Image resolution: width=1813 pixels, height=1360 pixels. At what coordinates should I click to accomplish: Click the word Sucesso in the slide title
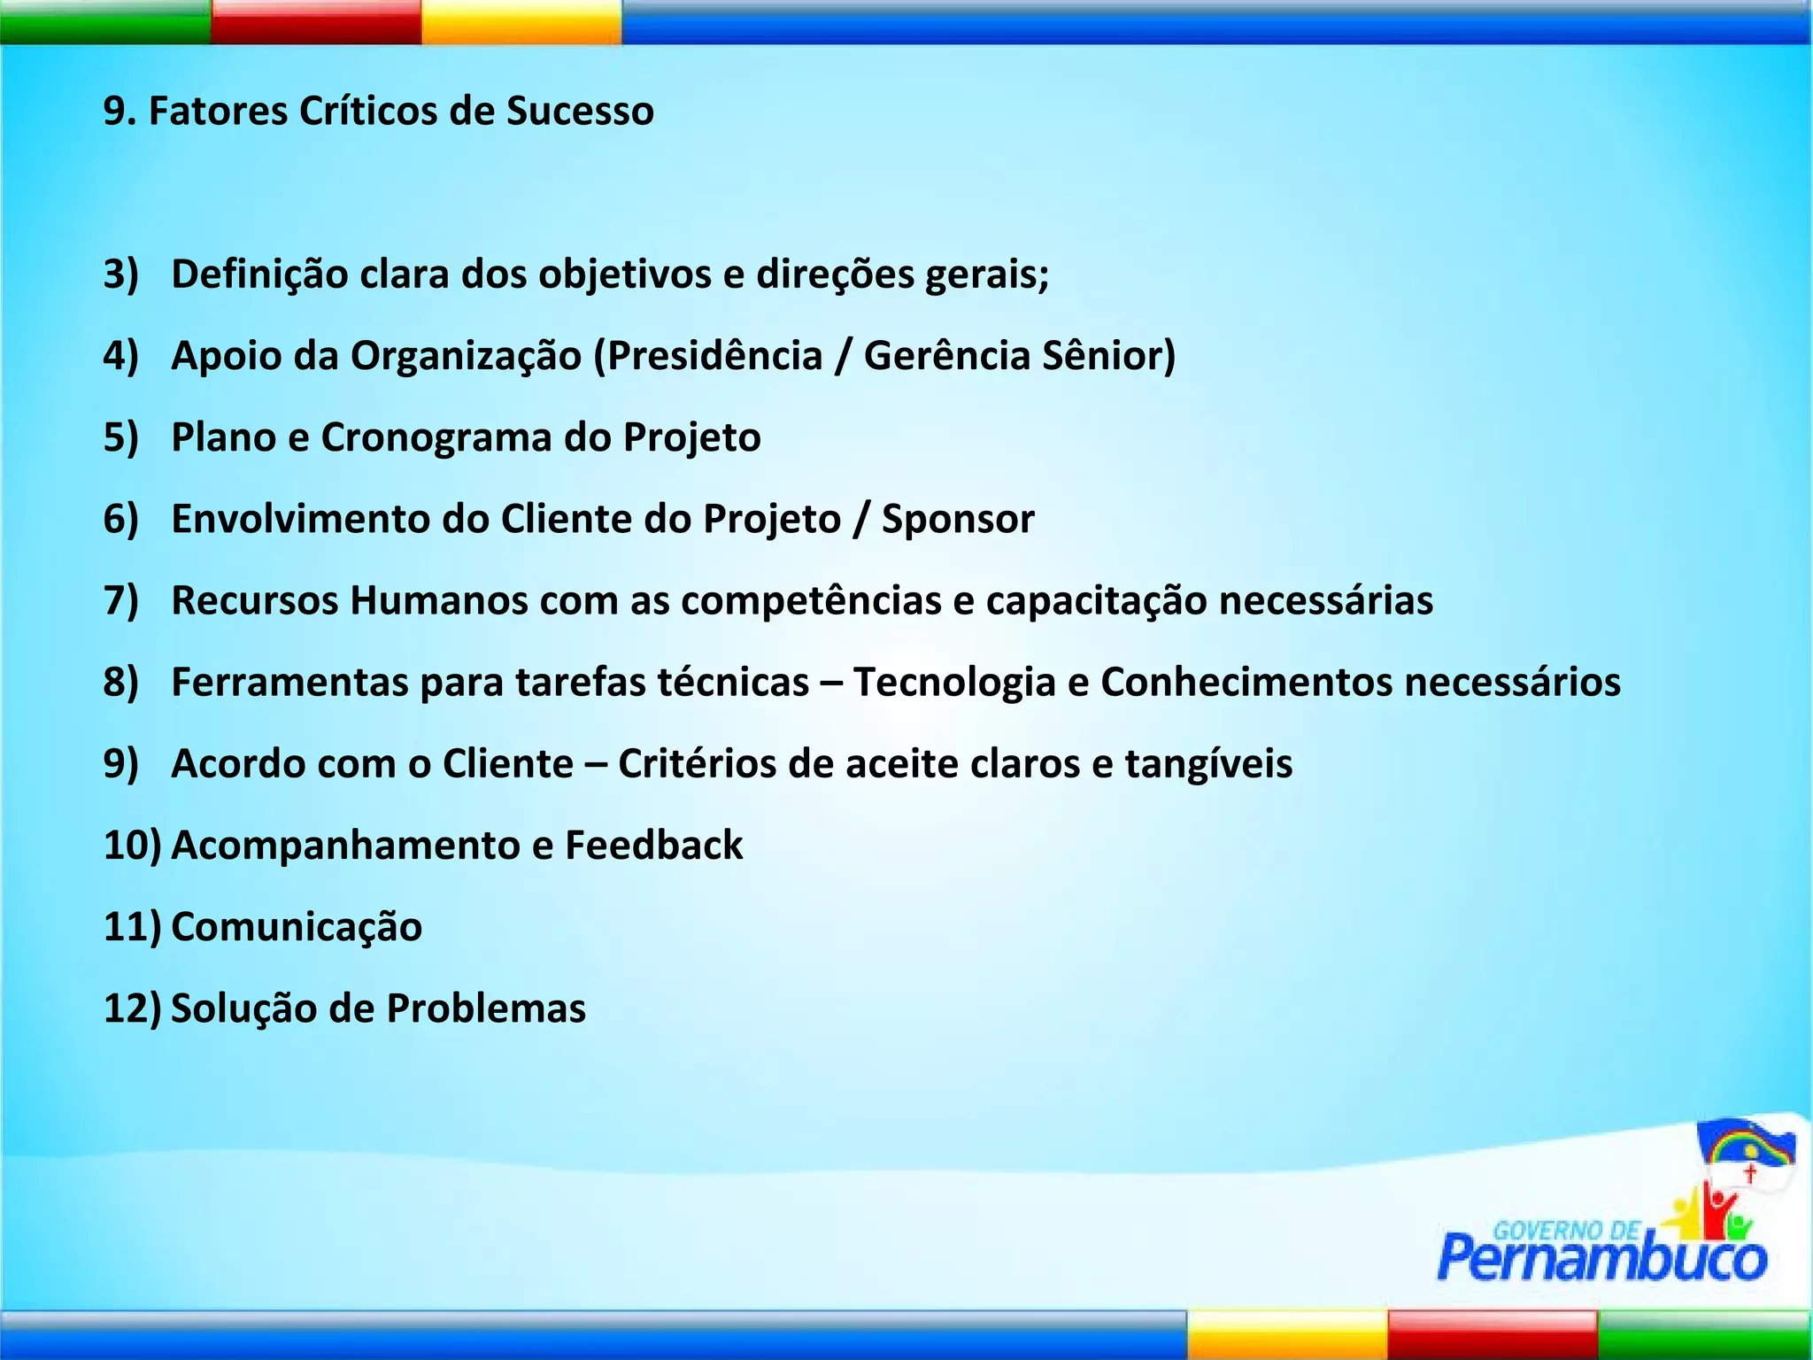tap(580, 112)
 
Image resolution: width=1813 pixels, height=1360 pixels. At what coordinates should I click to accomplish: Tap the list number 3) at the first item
tap(121, 274)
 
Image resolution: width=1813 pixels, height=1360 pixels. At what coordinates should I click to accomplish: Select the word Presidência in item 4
tap(714, 356)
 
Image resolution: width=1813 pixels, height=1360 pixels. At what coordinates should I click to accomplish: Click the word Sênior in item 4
tap(1107, 356)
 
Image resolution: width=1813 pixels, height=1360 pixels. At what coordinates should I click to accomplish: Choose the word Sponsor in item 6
tap(958, 519)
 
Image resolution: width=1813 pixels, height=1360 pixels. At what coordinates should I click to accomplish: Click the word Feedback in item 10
tap(654, 845)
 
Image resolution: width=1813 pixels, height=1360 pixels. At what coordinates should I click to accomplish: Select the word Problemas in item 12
tap(486, 1008)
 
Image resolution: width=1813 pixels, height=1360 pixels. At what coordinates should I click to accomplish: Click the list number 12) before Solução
tap(132, 1008)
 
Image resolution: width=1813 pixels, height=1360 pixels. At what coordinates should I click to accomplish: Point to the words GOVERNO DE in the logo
tap(1565, 1231)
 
